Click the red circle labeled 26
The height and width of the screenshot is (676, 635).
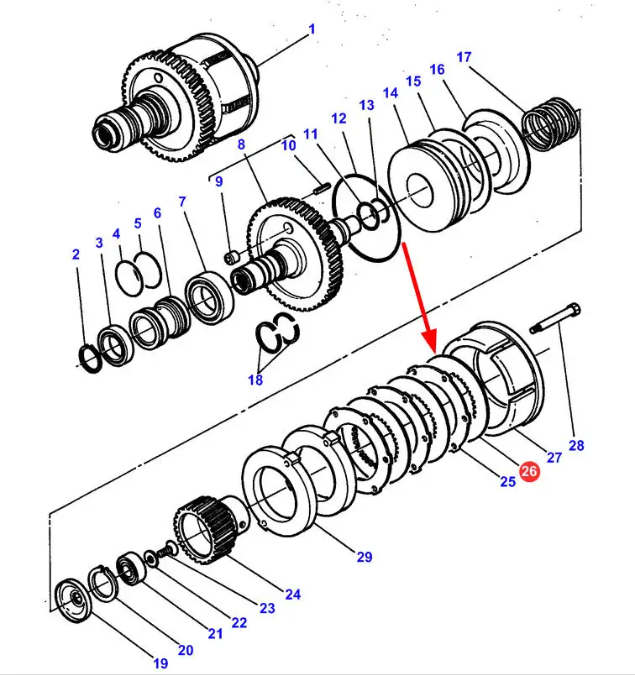coord(529,472)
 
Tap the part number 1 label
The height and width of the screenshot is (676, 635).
coord(312,29)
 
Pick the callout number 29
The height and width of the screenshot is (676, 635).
coord(364,556)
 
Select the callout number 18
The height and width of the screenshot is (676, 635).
coord(255,380)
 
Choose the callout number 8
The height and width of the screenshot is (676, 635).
coord(241,144)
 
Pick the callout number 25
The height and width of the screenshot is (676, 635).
coord(506,481)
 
